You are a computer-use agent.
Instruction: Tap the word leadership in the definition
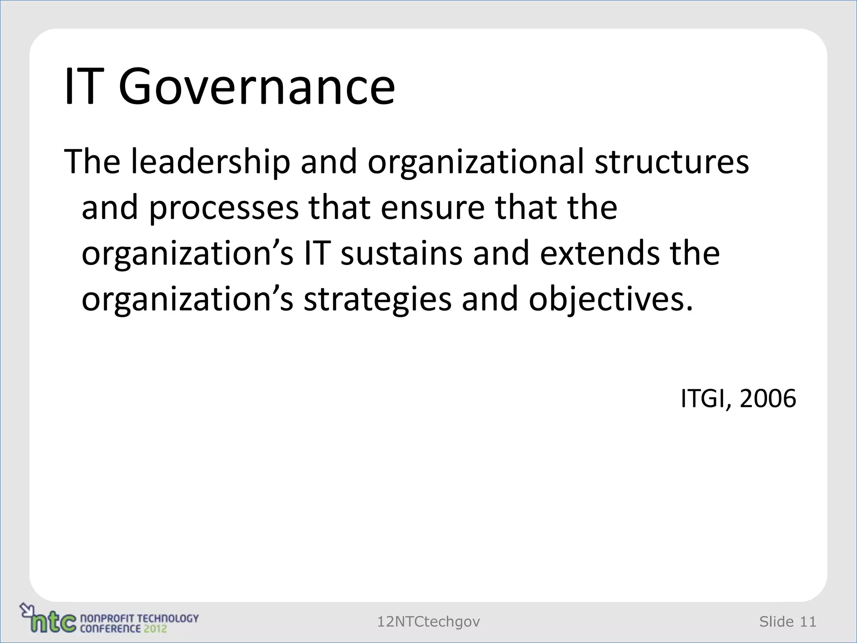[x=210, y=162]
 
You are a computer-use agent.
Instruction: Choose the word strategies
[x=377, y=300]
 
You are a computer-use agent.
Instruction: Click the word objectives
[x=611, y=300]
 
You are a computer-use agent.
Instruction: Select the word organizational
[x=475, y=162]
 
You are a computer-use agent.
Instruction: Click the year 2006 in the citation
[x=768, y=399]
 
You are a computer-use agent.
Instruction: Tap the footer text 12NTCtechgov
[x=428, y=622]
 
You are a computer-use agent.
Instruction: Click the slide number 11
[x=808, y=622]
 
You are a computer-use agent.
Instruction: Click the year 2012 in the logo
[x=155, y=628]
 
